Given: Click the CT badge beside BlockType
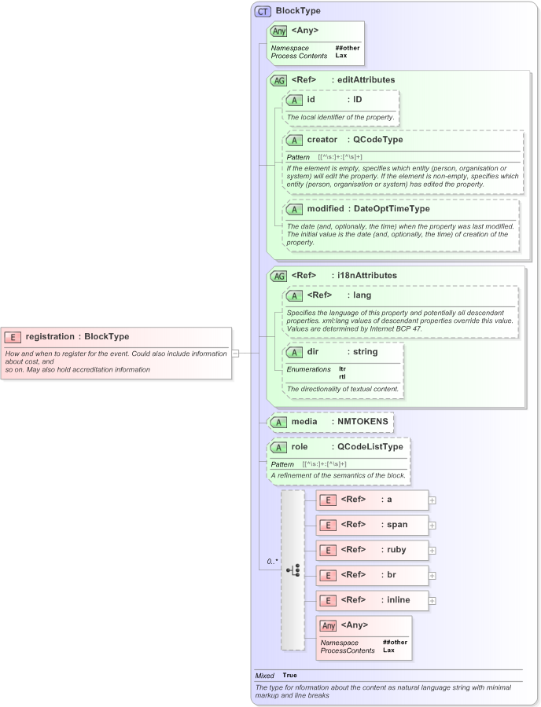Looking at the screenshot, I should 263,12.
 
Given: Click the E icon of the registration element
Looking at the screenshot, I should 13,337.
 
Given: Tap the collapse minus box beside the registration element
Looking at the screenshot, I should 235,353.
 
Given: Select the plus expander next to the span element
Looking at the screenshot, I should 432,525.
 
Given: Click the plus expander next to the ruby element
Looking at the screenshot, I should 432,550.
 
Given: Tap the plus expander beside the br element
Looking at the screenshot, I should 432,575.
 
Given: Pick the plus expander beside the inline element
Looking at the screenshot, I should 432,600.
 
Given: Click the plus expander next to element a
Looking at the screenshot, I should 432,500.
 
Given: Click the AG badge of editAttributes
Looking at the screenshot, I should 278,80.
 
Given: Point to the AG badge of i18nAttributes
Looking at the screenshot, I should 278,277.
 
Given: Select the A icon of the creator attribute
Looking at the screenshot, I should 294,140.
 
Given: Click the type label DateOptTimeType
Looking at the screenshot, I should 392,209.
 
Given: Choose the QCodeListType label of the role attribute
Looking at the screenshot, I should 367,447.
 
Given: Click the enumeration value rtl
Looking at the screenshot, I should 342,376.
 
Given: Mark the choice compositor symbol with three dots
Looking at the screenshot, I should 293,570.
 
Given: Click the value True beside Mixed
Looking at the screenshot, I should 290,675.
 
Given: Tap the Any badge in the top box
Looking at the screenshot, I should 278,31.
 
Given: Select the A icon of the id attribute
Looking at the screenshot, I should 294,101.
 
